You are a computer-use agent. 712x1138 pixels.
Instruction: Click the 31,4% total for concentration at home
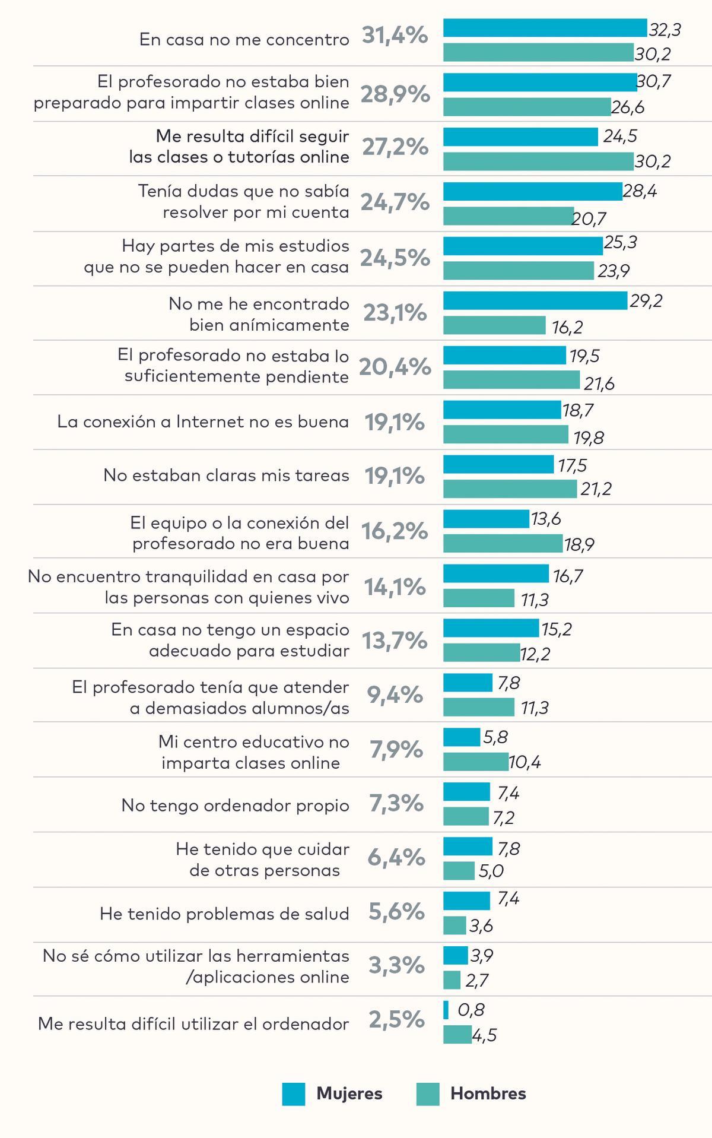click(395, 36)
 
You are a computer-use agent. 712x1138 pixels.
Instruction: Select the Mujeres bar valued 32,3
click(545, 28)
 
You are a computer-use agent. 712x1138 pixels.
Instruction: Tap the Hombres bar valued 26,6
click(527, 107)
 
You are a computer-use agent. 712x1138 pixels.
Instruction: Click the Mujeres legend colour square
click(294, 1094)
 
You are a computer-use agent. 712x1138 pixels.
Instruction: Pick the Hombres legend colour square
click(428, 1094)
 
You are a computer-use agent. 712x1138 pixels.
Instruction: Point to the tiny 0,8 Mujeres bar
click(446, 1010)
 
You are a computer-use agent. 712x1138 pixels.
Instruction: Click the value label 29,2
click(646, 301)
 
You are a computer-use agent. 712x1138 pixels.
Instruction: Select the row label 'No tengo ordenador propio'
click(235, 805)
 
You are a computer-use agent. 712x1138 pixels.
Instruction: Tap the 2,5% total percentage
click(396, 1019)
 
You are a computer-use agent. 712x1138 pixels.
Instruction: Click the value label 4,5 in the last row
click(484, 1035)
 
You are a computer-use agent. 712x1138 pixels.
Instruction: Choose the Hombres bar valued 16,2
click(494, 325)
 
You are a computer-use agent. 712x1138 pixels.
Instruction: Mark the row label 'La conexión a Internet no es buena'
click(203, 421)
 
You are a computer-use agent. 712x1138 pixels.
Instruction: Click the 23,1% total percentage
click(395, 312)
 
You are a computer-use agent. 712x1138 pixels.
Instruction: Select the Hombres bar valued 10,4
click(476, 762)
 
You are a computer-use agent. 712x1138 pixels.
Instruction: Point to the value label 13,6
click(546, 519)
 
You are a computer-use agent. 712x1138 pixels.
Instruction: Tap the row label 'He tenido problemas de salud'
click(224, 914)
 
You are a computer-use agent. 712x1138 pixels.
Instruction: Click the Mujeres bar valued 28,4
click(533, 191)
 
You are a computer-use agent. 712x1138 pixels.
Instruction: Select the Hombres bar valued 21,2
click(510, 489)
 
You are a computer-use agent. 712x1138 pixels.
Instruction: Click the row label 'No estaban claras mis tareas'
click(226, 476)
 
